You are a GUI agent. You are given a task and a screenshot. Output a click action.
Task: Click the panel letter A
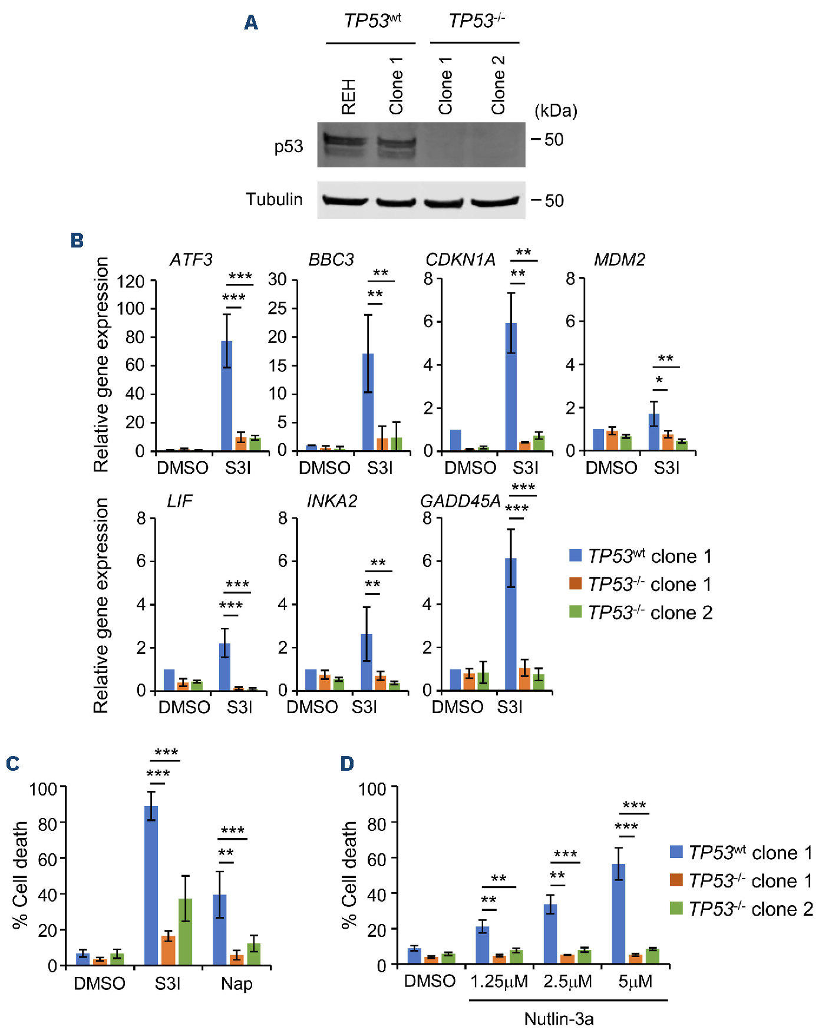pos(251,23)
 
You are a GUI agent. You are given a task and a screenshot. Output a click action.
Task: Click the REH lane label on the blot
pos(348,96)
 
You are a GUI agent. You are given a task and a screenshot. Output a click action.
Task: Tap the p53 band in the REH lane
pos(345,142)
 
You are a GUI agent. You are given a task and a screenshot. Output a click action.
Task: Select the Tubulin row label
pos(274,199)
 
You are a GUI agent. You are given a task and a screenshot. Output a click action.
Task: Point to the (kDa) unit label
pos(555,111)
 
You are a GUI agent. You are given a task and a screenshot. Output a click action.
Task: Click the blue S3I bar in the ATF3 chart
pos(226,395)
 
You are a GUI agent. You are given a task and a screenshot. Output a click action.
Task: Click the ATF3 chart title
pos(191,260)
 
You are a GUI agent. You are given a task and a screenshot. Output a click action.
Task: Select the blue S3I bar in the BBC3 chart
pos(368,402)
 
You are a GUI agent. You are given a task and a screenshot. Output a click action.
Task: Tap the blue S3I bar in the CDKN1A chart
pos(511,387)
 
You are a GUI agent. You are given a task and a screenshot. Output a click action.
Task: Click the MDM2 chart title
pos(619,260)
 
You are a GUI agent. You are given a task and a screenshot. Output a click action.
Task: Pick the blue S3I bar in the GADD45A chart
pos(511,624)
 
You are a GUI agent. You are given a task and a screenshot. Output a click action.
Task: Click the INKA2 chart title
pos(332,501)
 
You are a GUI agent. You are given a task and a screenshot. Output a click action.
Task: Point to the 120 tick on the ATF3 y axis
pos(130,282)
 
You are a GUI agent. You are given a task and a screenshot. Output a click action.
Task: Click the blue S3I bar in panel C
pos(151,885)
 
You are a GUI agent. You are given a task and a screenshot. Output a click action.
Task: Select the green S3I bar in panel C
pos(185,931)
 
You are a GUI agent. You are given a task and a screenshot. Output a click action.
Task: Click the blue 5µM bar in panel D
pos(619,913)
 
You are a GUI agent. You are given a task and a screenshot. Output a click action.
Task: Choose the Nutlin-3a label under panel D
pos(559,1018)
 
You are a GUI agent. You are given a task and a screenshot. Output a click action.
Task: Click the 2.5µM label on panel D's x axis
pos(567,982)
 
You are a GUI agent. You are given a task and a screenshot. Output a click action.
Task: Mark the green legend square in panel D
pos(676,908)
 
